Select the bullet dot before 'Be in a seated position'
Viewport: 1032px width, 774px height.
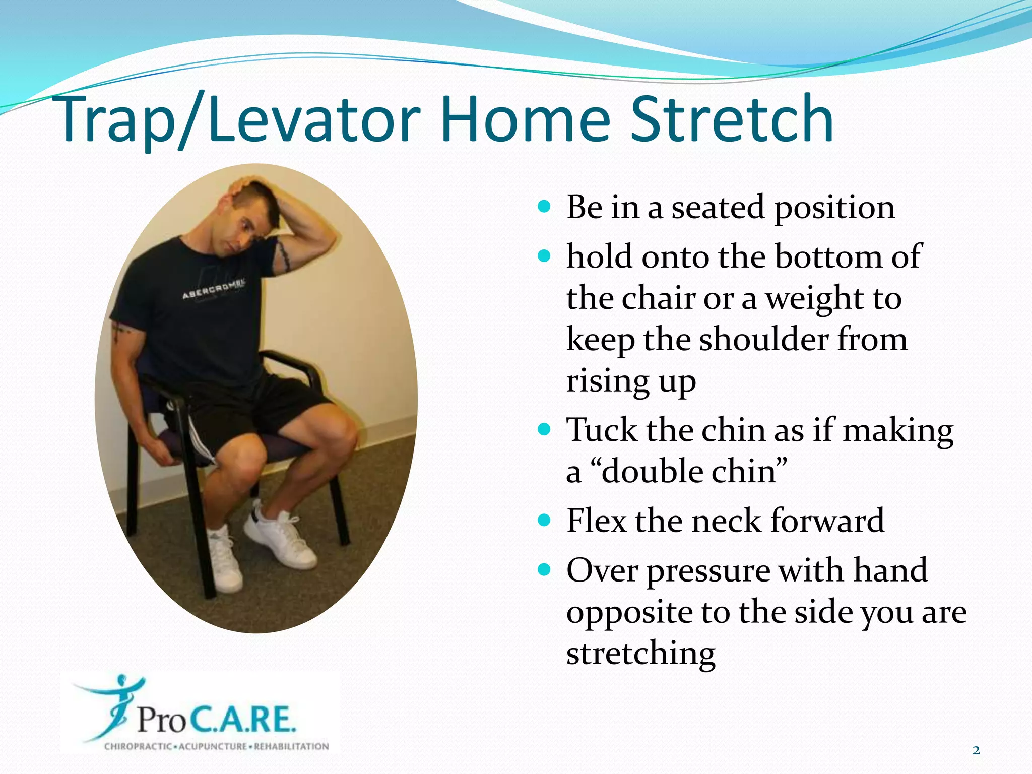pyautogui.click(x=544, y=206)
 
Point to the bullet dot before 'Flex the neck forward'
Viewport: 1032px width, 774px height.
pyautogui.click(x=544, y=520)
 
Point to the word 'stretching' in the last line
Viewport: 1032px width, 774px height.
pyautogui.click(x=640, y=653)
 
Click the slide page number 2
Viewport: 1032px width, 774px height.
pyautogui.click(x=976, y=750)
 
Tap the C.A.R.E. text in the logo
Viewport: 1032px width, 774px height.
pyautogui.click(x=242, y=719)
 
